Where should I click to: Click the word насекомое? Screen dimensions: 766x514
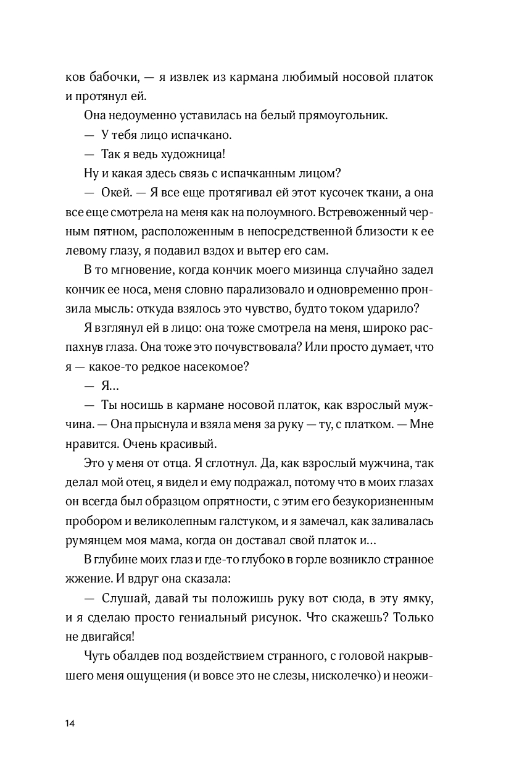point(213,366)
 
